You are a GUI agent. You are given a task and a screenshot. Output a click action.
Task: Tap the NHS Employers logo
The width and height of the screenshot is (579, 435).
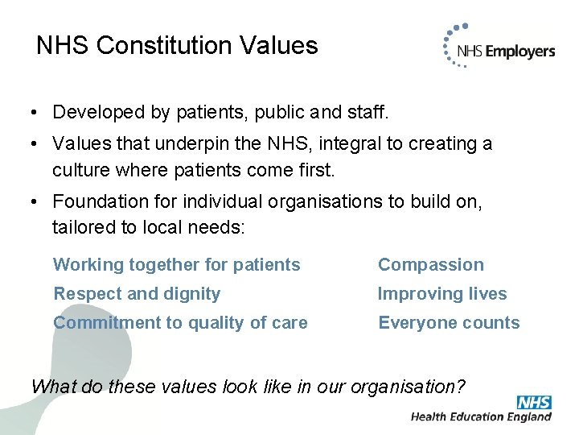(x=499, y=51)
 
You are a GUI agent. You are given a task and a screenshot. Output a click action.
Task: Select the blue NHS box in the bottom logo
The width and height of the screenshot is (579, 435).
(x=534, y=402)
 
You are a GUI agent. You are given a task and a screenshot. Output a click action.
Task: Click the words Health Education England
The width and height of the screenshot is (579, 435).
(x=481, y=417)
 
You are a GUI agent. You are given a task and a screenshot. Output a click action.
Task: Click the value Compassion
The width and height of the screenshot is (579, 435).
(x=431, y=265)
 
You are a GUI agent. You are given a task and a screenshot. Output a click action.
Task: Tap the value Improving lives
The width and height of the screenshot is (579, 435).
(x=442, y=294)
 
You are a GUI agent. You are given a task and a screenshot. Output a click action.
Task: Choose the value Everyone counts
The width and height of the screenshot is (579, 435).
(x=449, y=323)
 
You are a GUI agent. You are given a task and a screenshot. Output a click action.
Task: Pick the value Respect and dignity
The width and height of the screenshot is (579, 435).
(x=137, y=294)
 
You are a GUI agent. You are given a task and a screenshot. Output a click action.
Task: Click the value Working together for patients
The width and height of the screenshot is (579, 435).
(x=177, y=265)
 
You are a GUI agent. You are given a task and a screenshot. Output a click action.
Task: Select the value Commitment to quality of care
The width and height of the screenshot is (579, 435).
(x=180, y=323)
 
